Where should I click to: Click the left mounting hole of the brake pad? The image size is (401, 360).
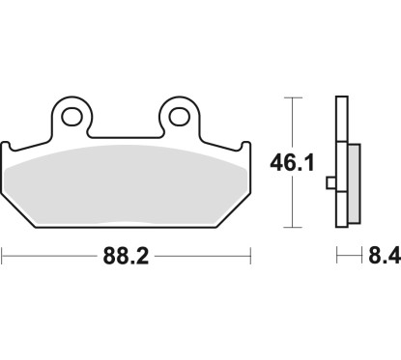73,118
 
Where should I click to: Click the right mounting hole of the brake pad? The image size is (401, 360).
179,118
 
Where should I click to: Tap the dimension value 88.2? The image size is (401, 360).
127,258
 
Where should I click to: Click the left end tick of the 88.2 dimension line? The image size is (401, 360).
3,257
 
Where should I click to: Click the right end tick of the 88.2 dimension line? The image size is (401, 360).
251,257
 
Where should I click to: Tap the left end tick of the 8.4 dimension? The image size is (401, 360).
337,257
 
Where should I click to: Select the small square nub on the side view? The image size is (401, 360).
331,181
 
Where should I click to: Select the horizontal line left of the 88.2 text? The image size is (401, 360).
48,257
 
